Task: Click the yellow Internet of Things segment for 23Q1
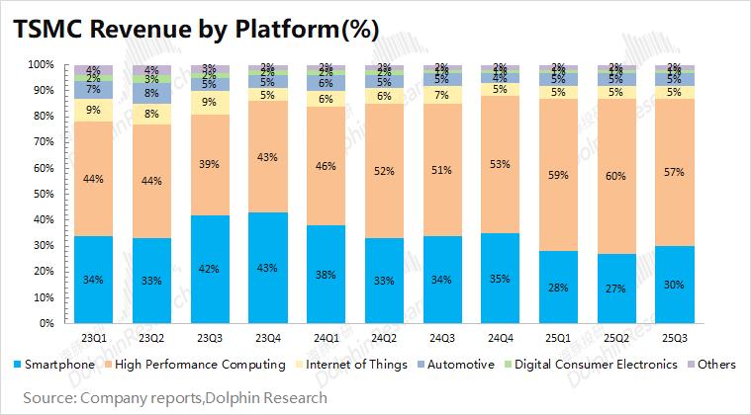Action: coord(94,110)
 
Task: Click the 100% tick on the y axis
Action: coord(39,64)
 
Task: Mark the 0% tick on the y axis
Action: coord(45,323)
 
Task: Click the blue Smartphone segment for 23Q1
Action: coord(94,280)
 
